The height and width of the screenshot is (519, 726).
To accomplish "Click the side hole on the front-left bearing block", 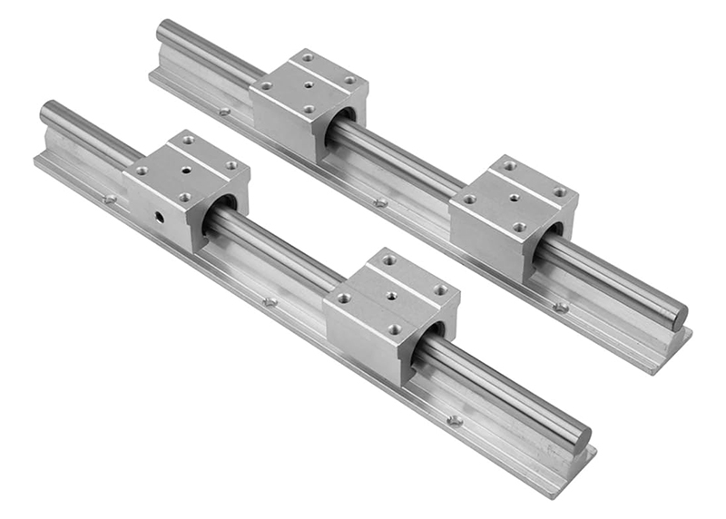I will [158, 217].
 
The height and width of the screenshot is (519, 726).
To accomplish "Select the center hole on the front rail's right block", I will [391, 295].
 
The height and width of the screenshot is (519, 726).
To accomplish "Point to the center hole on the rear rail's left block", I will [308, 85].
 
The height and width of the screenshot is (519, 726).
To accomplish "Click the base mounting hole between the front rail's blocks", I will [270, 301].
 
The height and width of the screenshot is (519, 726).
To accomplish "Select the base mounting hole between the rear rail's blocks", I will [381, 201].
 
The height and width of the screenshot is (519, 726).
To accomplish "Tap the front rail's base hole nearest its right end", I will [455, 420].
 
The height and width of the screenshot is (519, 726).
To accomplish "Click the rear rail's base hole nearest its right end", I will [561, 307].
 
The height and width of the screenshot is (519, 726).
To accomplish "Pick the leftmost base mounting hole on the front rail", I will [110, 199].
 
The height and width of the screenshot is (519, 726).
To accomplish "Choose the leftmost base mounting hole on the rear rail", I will [224, 112].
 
